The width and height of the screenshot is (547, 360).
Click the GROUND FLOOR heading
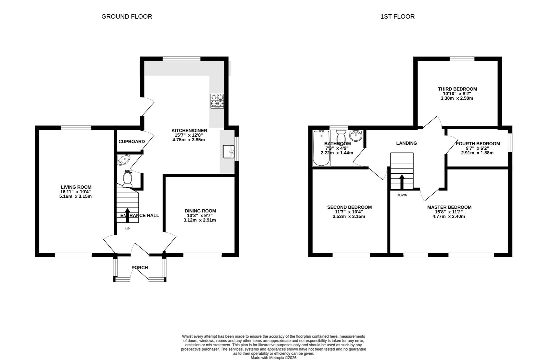coord(126,16)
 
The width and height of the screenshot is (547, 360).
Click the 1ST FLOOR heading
coord(397,16)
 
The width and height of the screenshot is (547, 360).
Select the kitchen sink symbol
coord(229,152)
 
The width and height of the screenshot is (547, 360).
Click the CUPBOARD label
coord(131,141)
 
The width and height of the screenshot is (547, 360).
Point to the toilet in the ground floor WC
coord(127,180)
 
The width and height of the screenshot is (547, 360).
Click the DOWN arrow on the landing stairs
coord(402,182)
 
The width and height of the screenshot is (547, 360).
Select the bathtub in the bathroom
coord(321,148)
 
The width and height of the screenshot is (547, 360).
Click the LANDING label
coord(406,143)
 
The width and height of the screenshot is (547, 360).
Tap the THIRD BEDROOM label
coord(457,89)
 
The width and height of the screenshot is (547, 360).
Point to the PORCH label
coord(139,267)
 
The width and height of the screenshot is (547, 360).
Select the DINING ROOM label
coord(200,211)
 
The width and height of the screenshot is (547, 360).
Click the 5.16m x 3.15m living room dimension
coord(75,196)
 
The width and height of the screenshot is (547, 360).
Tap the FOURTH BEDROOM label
coord(478,144)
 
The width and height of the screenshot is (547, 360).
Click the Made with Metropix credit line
coord(273,358)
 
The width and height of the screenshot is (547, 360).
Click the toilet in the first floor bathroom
coord(341,136)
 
